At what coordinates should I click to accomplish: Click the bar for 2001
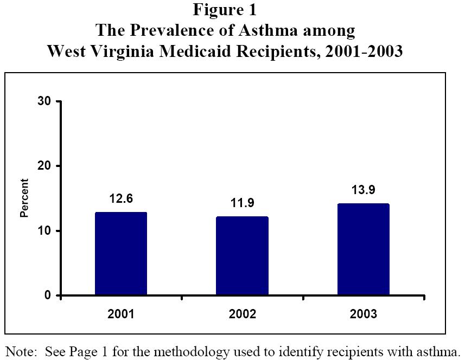pos(121,254)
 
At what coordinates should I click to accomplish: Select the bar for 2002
pos(242,256)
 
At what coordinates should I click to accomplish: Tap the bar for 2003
pos(363,249)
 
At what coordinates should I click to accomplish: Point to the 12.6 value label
pos(121,199)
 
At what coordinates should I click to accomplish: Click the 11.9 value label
pos(242,203)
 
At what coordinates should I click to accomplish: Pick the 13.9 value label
pos(363,190)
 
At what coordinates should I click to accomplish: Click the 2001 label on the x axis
pos(121,314)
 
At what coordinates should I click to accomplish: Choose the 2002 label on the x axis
pos(242,314)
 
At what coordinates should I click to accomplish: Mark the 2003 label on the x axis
pos(363,314)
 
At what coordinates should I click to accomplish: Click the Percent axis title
pos(24,198)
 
